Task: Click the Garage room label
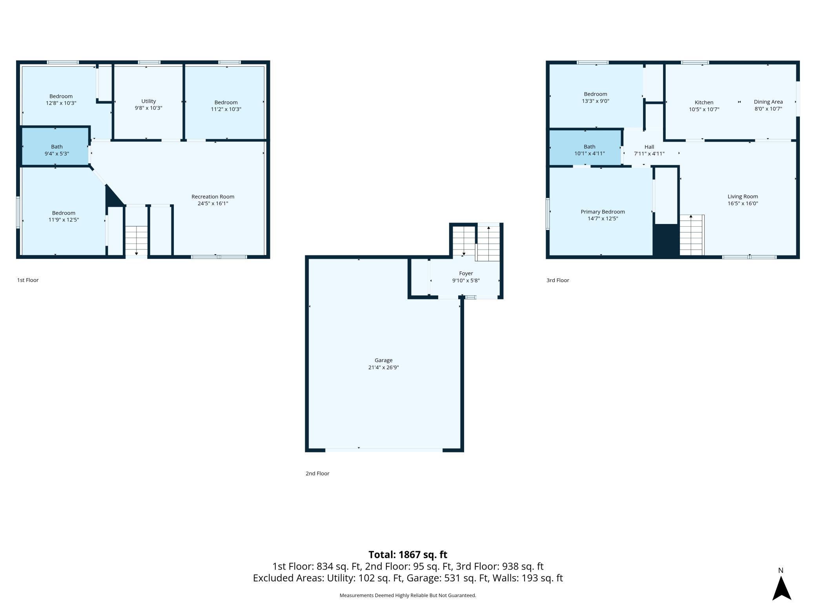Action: coord(383,360)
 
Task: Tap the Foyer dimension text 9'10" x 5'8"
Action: coord(466,280)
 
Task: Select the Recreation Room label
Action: coord(213,197)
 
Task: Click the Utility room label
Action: coord(148,101)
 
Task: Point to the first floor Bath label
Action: coord(56,147)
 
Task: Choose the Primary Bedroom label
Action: coord(603,212)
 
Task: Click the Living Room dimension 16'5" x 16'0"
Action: coord(743,204)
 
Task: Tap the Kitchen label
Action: coord(704,102)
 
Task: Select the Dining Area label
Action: coord(768,102)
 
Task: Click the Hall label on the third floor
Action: coord(649,147)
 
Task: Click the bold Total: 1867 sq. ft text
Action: coord(408,554)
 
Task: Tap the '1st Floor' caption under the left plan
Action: coord(28,280)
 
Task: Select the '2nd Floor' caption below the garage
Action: coord(317,474)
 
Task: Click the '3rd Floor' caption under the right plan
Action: coord(557,280)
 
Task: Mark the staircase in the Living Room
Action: coord(691,235)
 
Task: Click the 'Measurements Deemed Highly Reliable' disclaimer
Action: coord(408,595)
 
